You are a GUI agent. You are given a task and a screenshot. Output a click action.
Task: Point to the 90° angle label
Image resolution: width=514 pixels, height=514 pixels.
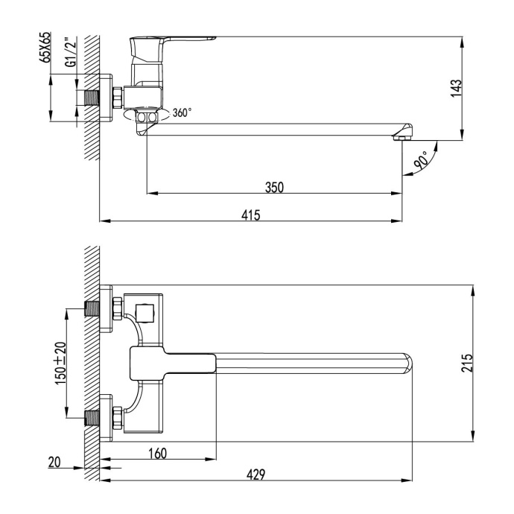pos(422,161)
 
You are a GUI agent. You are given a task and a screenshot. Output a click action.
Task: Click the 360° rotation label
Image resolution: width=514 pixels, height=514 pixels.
pos(182,113)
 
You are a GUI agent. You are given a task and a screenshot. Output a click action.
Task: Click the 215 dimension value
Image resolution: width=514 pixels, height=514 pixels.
pos(466,363)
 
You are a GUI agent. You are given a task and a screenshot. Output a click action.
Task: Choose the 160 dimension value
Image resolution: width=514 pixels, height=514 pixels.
pos(157,453)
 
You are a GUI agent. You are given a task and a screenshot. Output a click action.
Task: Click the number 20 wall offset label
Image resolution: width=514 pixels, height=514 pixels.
pos(54,463)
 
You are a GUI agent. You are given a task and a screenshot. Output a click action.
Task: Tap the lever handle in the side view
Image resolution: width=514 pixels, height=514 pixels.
pos(171,42)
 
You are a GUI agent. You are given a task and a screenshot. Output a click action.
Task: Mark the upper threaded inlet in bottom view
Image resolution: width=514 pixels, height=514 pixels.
pos(94,308)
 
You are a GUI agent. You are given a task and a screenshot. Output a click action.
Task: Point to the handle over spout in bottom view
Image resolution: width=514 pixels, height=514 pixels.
pos(171,363)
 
